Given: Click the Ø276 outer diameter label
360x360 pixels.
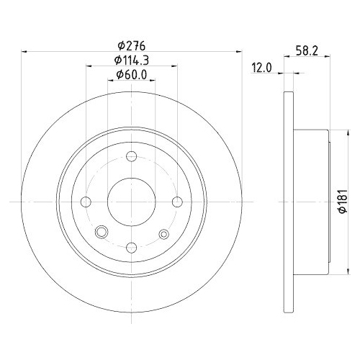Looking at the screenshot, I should (131, 45).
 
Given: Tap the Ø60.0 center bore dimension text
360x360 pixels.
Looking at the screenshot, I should (132, 74).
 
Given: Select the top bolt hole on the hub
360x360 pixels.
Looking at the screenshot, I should (131, 158).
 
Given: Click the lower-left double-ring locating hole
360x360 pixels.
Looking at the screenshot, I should (101, 232).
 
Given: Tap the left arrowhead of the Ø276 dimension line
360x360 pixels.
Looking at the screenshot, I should (27, 51).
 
